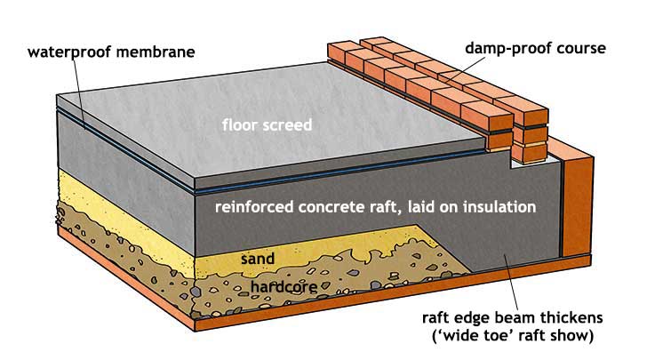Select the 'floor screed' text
click(267, 124)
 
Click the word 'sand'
click(257, 259)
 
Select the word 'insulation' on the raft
click(500, 208)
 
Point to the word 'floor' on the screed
click(236, 124)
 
